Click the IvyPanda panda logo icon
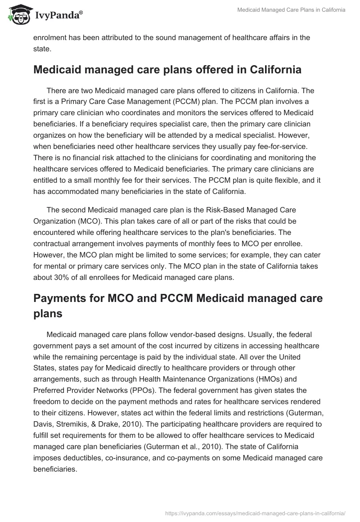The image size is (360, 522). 18,14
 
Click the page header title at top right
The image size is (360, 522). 292,10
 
